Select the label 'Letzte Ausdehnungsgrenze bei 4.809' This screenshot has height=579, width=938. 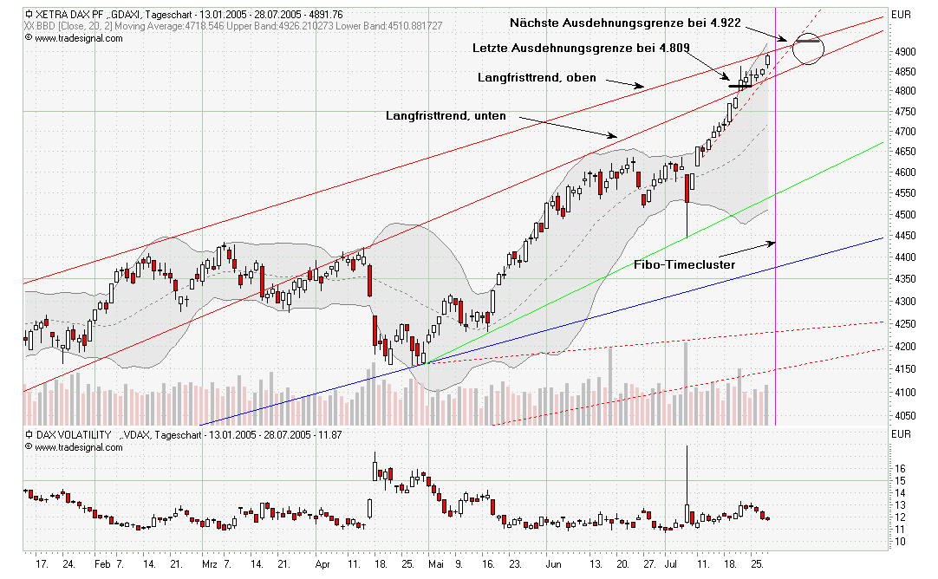pos(582,48)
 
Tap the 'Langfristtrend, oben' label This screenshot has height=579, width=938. pos(537,77)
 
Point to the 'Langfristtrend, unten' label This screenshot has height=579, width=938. pos(446,115)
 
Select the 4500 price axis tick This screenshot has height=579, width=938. pos(902,215)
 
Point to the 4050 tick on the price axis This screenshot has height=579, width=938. pos(902,415)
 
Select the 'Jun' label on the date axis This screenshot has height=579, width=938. pos(553,563)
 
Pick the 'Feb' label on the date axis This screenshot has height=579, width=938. pos(102,563)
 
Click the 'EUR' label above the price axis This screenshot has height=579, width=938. pos(902,15)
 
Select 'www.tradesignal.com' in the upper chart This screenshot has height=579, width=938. pos(79,38)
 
